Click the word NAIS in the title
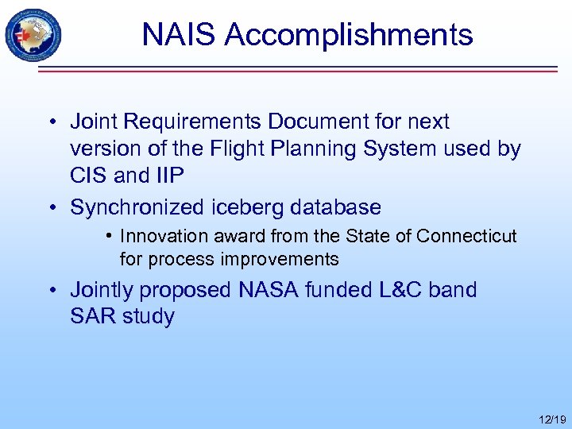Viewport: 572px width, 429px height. pos(180,35)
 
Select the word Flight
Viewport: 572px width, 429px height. pos(244,149)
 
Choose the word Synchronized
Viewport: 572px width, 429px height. pos(137,208)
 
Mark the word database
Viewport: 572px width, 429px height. pos(337,208)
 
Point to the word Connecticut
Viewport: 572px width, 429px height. pos(466,237)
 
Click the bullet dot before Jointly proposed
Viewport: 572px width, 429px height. pos(52,291)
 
